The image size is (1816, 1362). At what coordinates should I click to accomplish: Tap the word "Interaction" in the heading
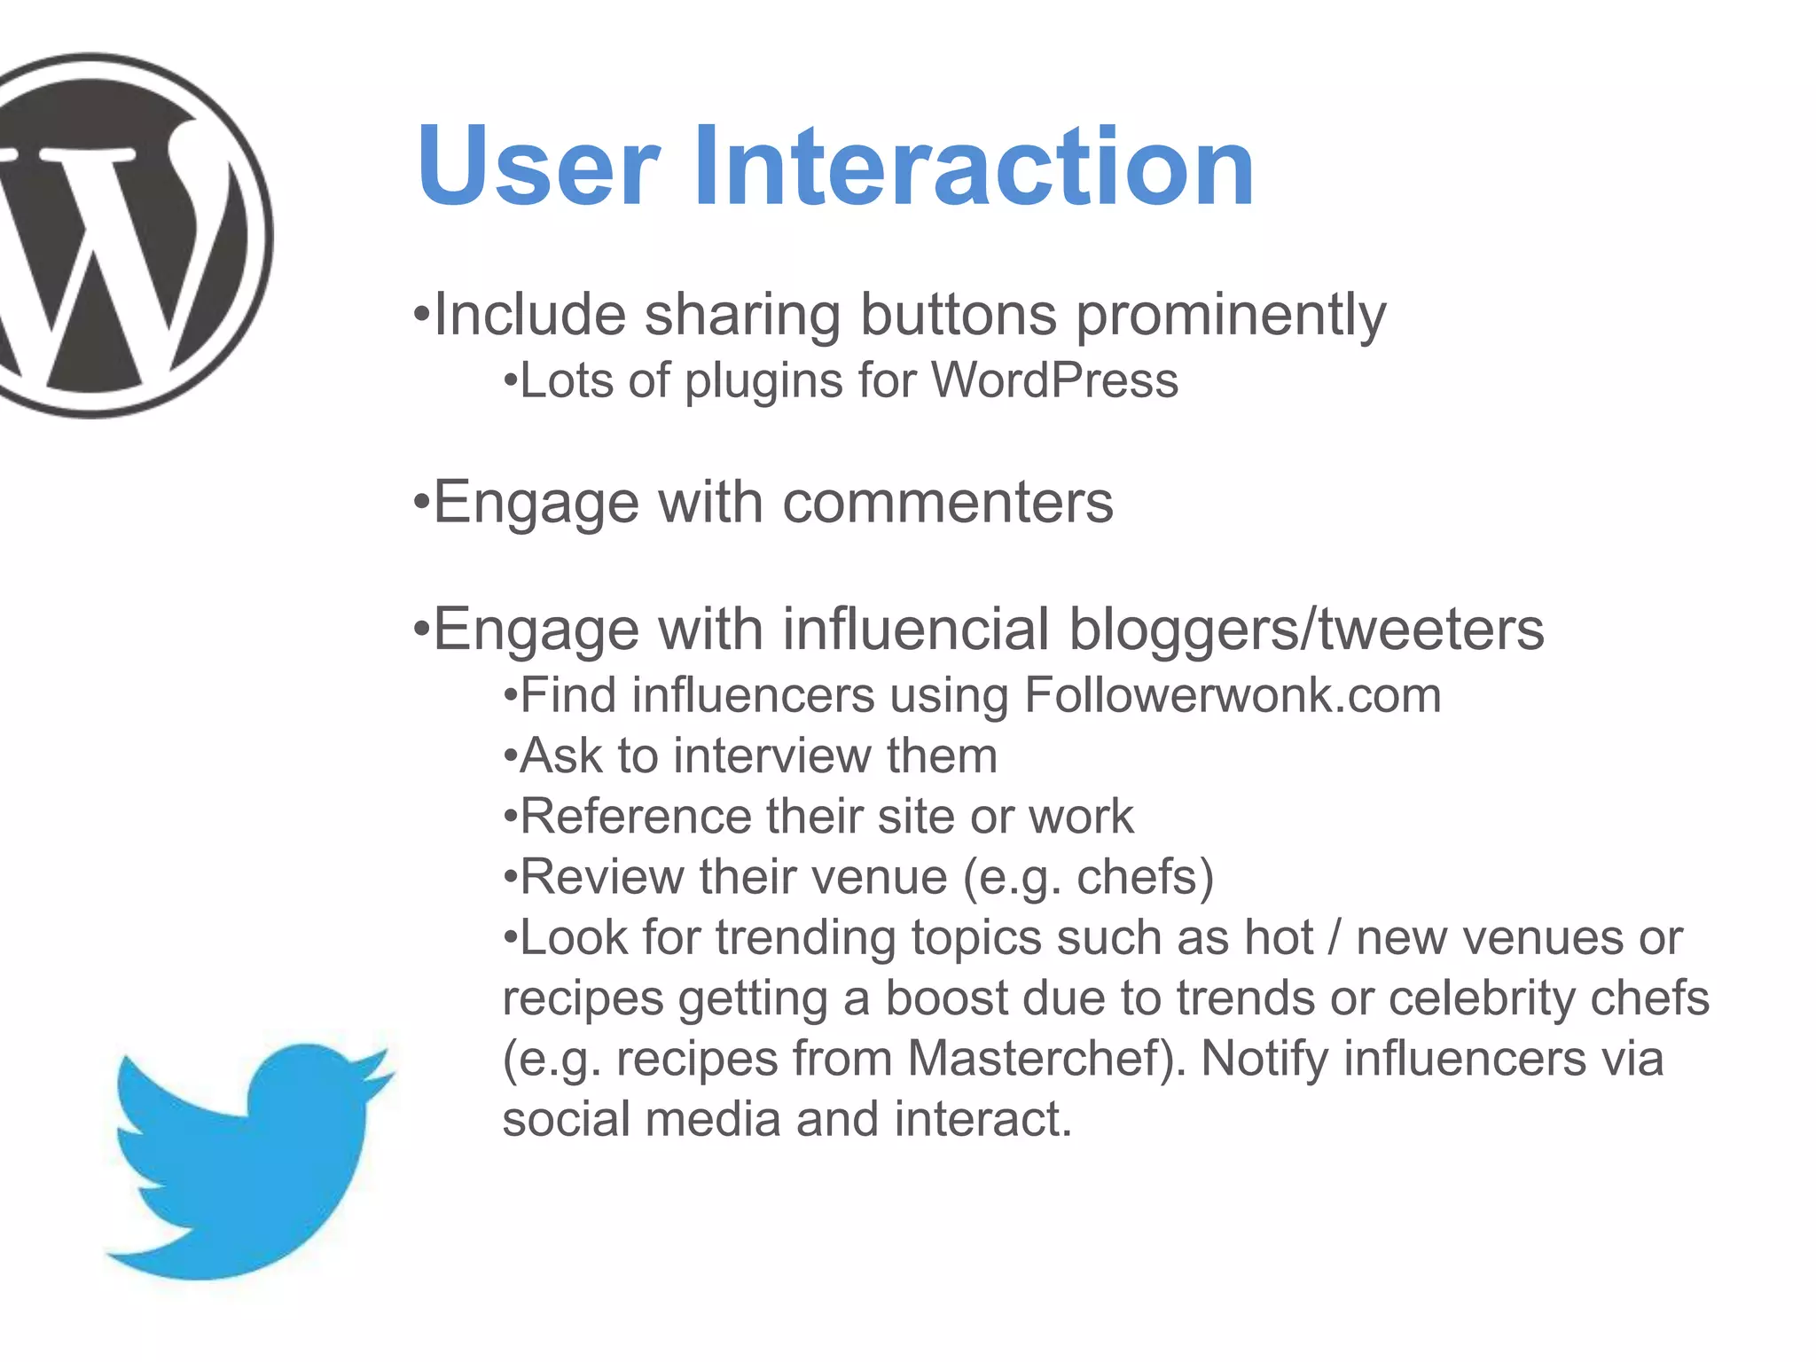[973, 167]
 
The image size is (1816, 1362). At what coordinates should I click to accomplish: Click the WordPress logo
[115, 235]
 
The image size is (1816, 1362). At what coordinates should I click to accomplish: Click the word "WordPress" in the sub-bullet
[1054, 381]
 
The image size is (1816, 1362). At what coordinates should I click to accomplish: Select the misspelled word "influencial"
[916, 630]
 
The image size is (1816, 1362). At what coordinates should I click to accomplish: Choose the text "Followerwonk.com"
[1233, 695]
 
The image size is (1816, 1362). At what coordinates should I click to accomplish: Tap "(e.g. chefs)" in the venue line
[1088, 878]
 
